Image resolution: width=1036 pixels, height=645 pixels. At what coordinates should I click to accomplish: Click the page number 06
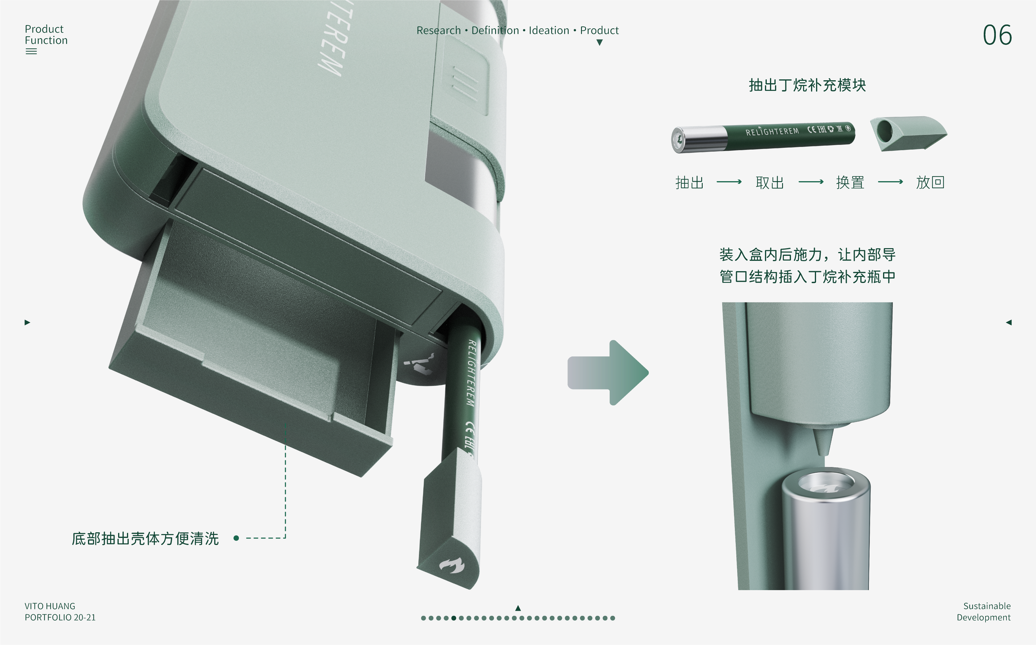997,35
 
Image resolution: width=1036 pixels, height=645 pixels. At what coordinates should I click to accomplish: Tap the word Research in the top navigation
438,30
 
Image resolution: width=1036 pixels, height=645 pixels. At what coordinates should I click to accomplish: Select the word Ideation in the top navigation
549,30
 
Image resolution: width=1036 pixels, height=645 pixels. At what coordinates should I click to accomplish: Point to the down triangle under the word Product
599,42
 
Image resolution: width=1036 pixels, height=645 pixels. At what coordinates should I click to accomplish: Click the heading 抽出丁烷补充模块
807,85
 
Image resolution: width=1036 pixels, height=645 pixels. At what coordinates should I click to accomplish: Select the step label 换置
850,183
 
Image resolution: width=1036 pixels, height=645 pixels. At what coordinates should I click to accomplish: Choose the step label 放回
930,183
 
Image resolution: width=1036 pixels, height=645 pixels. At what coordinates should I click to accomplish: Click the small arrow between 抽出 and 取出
729,182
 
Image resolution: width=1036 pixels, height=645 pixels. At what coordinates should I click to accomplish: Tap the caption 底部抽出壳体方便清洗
145,538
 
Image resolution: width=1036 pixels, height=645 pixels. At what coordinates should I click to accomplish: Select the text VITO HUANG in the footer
50,606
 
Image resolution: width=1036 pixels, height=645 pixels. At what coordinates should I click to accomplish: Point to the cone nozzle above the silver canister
823,441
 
